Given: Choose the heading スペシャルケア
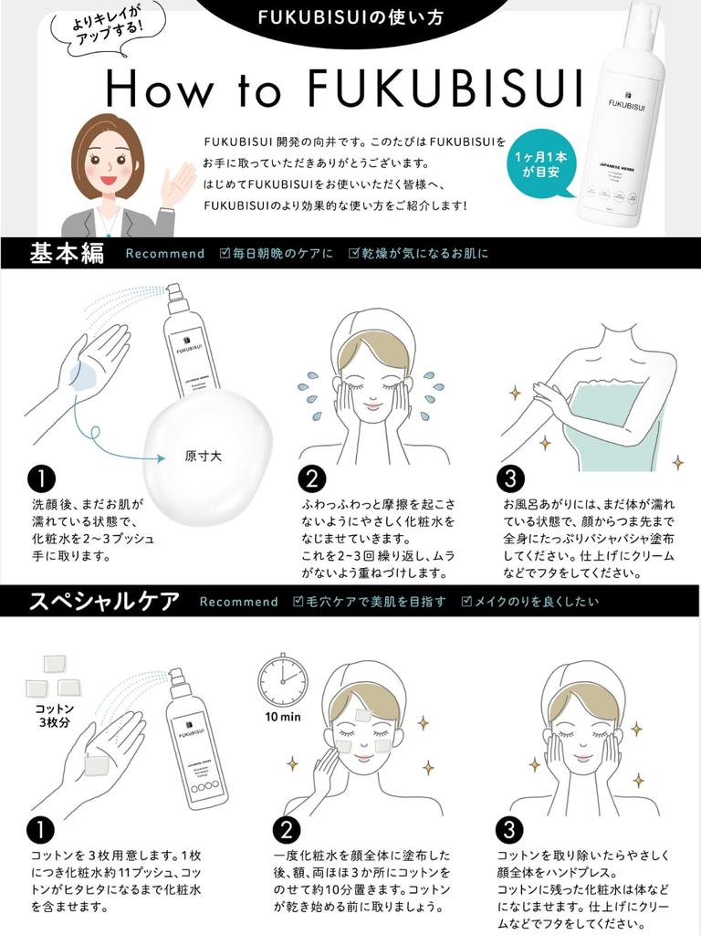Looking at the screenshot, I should pos(104,601).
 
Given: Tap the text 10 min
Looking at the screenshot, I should pos(283,717).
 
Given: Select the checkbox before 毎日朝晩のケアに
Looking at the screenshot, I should pos(225,253).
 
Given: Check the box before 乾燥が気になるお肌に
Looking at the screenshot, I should pos(354,253).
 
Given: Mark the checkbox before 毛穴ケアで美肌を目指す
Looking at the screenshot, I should pos(298,602).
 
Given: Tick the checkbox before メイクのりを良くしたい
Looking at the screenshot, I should pos(466,602).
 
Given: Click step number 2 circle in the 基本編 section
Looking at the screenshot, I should pos(312,479).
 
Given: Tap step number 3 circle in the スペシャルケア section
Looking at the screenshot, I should pos(509,830).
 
